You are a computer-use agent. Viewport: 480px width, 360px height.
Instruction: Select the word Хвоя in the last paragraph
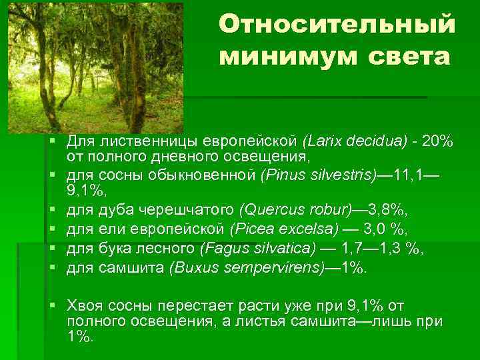81,305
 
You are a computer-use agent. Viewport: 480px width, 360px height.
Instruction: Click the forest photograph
95,67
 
